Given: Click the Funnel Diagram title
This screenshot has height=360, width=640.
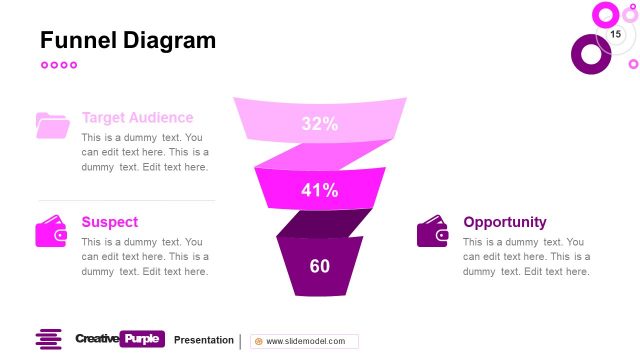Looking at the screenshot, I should (x=127, y=41).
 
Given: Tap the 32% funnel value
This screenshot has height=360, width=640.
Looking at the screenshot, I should (x=320, y=124).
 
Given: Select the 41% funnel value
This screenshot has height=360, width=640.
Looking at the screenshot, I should (x=320, y=190).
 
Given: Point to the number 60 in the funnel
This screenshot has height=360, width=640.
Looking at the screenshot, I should (x=320, y=266).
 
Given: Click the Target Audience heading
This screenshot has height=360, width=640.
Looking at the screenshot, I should (x=138, y=117).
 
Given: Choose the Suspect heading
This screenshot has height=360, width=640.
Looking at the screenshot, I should (x=110, y=222).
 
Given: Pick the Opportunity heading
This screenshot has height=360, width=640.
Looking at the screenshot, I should (x=505, y=222).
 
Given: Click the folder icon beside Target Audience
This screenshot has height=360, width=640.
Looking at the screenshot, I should (x=52, y=125).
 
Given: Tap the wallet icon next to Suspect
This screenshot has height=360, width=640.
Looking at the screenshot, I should (x=52, y=231).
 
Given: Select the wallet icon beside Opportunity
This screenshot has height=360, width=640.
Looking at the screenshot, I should (x=433, y=231).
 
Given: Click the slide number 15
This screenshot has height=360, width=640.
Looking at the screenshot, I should (x=615, y=35).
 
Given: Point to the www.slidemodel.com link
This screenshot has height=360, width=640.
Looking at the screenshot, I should (x=305, y=341).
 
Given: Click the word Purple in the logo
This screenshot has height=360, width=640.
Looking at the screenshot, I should (x=142, y=339).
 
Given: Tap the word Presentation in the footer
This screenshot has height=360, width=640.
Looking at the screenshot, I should (x=203, y=340).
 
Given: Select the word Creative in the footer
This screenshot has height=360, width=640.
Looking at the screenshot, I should (x=96, y=339).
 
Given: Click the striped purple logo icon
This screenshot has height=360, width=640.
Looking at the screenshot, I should (x=49, y=339).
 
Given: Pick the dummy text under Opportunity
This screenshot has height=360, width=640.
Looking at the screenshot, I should (x=526, y=256).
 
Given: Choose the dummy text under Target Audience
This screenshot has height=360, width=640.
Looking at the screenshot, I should (x=145, y=152).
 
